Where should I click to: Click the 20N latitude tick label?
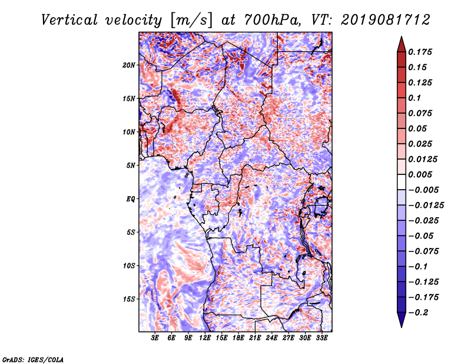coord(129,65)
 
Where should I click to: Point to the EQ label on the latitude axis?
coord(131,199)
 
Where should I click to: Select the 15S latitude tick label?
coord(129,299)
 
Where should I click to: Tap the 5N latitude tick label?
coord(131,166)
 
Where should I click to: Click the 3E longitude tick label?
coord(154,338)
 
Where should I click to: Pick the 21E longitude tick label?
coord(255,338)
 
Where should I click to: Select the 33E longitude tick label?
coord(321,338)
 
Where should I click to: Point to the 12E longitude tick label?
coord(204,338)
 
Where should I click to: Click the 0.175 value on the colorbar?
coord(420,52)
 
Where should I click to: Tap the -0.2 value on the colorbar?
coord(417,313)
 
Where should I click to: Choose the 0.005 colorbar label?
coord(420,174)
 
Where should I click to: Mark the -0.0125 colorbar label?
coord(426,206)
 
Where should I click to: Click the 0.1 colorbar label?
coord(414,98)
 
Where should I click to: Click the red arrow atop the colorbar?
coord(402,44)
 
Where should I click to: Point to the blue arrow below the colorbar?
coord(402,320)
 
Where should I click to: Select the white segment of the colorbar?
coord(402,182)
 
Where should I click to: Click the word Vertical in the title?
coord(69,20)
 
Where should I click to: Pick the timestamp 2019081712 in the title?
coord(386,20)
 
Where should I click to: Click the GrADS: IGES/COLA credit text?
coord(33,359)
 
